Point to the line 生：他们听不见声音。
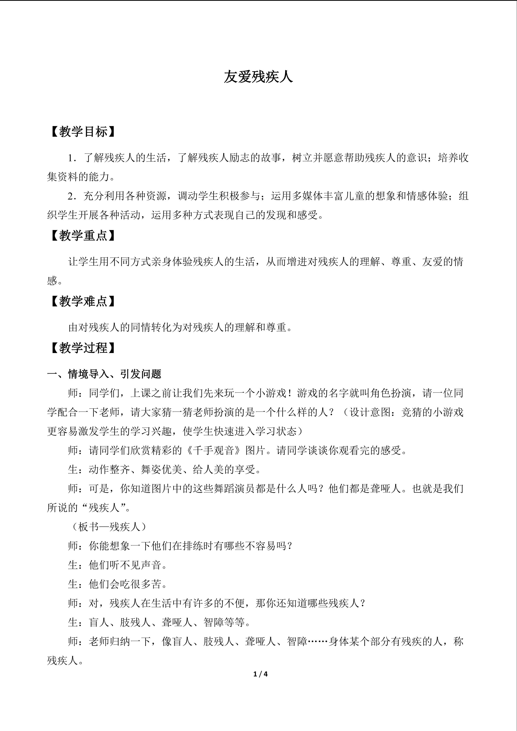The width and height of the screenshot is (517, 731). pos(118,565)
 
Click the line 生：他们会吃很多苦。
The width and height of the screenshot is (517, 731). pos(118,584)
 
